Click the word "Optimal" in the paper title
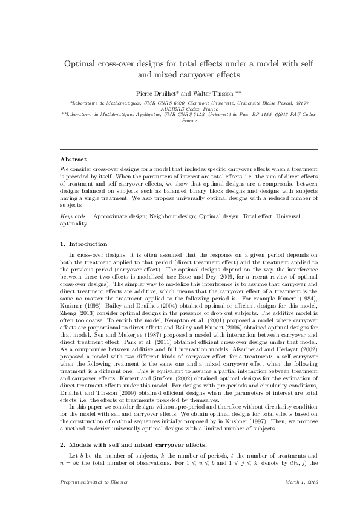(x=83, y=63)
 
